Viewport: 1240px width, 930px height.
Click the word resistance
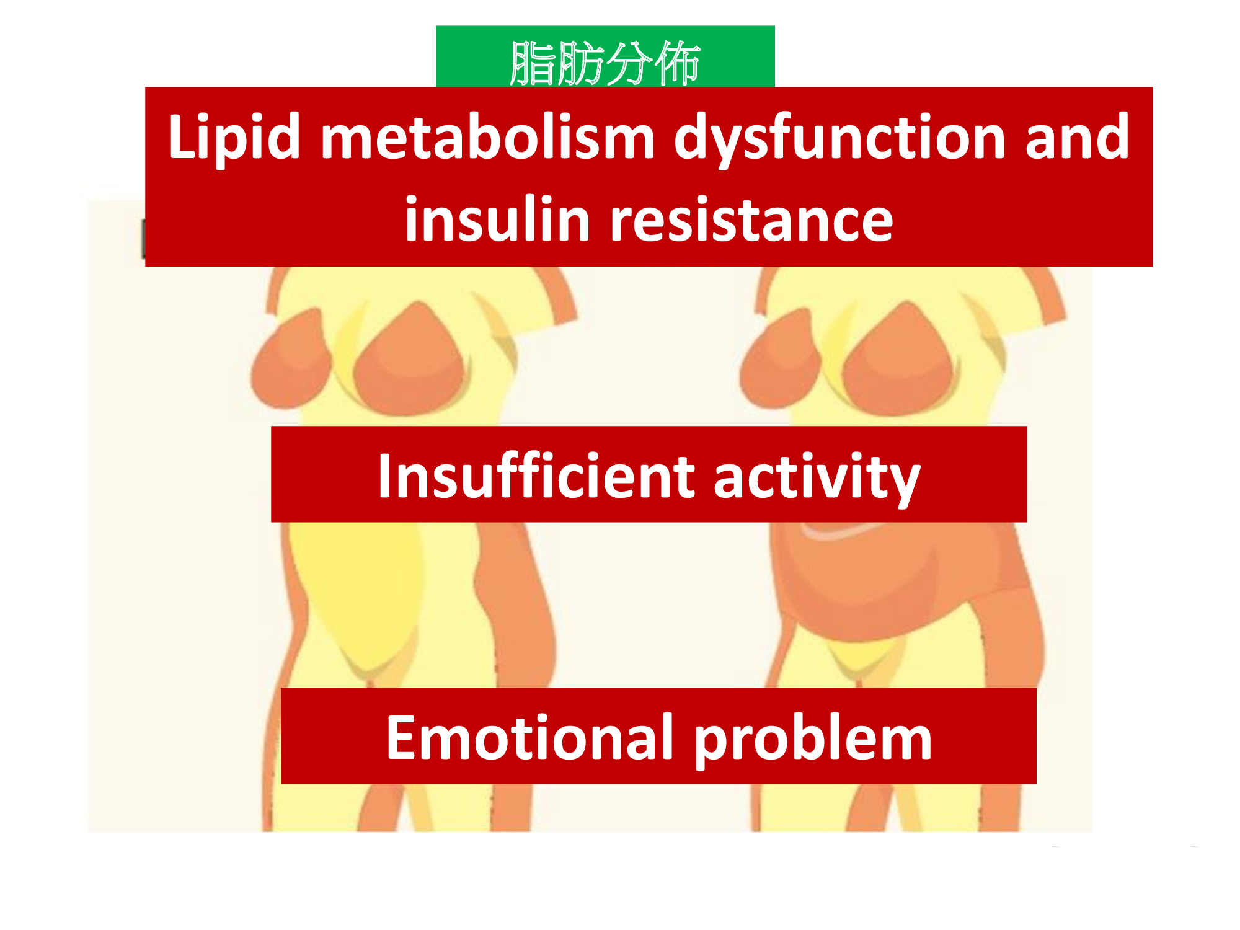[x=751, y=220]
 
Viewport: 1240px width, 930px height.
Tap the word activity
[x=817, y=478]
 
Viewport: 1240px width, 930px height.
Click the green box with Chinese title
[x=605, y=56]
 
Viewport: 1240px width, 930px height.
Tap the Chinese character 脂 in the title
[x=532, y=63]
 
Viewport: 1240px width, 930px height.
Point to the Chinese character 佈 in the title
[x=677, y=63]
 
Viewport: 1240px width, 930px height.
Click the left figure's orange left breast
[x=290, y=360]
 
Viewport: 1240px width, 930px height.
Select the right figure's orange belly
[x=868, y=583]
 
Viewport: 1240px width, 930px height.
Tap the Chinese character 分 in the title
[x=629, y=63]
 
